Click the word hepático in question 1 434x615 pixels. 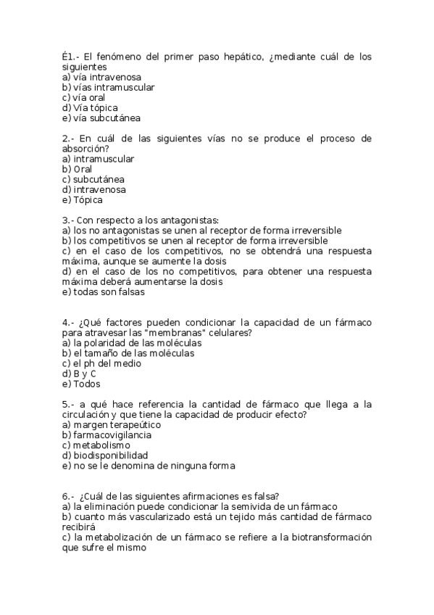point(228,56)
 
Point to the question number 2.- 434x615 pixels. point(68,138)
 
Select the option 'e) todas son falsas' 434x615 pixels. point(104,292)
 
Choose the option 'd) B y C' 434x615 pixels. point(79,374)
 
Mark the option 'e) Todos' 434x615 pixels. point(81,384)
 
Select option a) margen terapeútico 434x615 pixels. point(112,425)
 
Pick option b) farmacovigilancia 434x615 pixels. point(107,435)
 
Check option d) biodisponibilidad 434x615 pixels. point(105,455)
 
